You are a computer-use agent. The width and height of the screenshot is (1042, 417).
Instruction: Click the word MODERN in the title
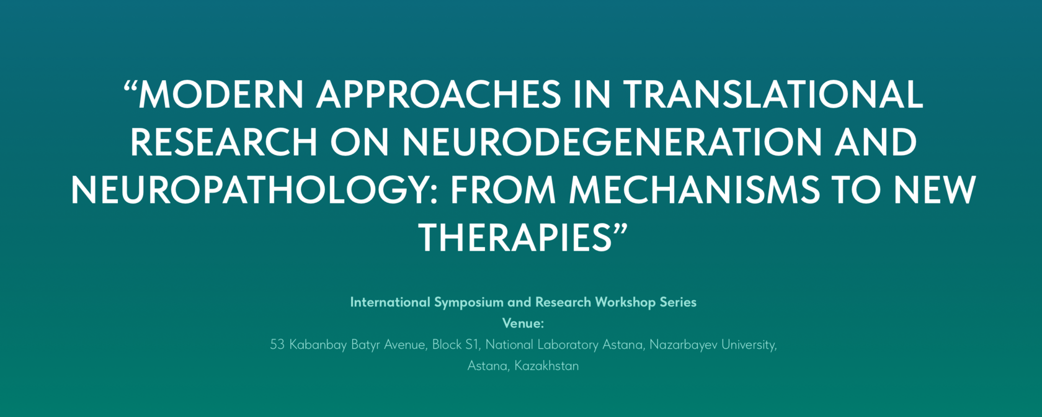pyautogui.click(x=221, y=94)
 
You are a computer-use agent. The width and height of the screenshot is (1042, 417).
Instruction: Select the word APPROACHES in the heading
pyautogui.click(x=439, y=94)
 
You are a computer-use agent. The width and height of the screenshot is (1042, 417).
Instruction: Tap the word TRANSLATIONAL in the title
pyautogui.click(x=773, y=94)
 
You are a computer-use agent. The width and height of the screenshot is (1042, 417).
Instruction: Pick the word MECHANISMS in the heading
pyautogui.click(x=694, y=190)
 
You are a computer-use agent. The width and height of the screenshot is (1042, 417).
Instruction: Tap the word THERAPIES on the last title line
pyautogui.click(x=515, y=238)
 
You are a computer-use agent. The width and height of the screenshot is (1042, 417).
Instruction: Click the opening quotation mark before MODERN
pyautogui.click(x=131, y=86)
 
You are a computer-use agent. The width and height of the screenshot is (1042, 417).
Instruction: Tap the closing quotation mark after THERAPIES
pyautogui.click(x=620, y=229)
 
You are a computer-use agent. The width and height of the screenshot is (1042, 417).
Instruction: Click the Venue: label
pyautogui.click(x=523, y=323)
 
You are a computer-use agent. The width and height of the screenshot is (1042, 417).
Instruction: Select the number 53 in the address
pyautogui.click(x=277, y=345)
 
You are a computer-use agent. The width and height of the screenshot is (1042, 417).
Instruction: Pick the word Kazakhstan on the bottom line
pyautogui.click(x=546, y=366)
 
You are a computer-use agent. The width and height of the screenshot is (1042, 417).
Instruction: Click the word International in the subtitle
pyautogui.click(x=390, y=303)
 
